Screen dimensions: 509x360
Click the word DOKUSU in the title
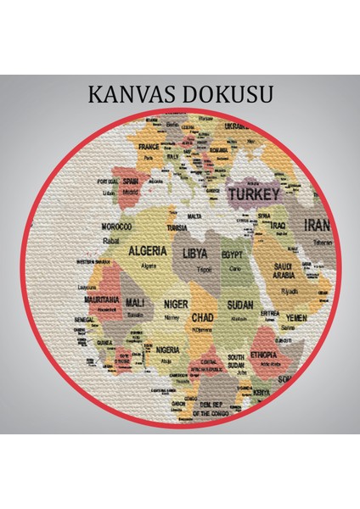(x=230, y=94)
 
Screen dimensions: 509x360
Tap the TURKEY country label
(x=254, y=194)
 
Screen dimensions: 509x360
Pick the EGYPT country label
(x=232, y=255)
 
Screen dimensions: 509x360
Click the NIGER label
(x=175, y=303)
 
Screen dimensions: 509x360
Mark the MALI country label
(x=134, y=303)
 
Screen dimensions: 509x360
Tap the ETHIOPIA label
(x=262, y=355)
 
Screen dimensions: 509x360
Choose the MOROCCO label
(x=116, y=228)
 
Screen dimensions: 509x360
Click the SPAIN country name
(x=131, y=181)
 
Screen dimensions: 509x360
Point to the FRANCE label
(x=149, y=146)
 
